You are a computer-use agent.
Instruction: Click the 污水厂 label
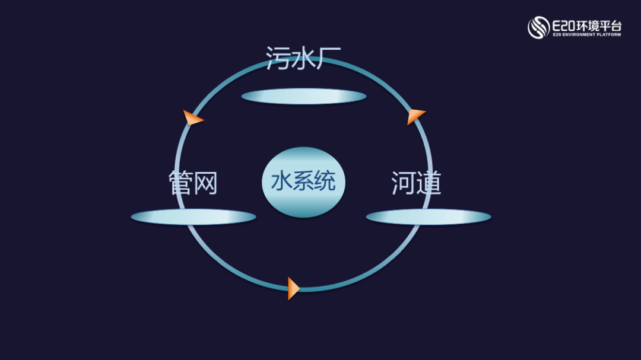coord(303,58)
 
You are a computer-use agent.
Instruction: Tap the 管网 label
coord(193,183)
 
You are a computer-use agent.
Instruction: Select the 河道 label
coord(416,183)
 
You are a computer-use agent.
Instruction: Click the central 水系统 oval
coord(303,181)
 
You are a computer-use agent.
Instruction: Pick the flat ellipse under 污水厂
coord(303,96)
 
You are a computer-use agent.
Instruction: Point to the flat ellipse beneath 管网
coord(193,217)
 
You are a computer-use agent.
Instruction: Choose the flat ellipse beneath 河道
coord(428,217)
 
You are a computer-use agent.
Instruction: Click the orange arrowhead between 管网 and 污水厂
coord(192,118)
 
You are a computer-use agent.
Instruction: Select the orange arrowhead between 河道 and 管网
coord(293,288)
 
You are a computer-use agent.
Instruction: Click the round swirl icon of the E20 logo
coord(538,27)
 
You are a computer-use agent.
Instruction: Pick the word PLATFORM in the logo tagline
coord(609,35)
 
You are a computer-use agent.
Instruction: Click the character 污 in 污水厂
coord(278,58)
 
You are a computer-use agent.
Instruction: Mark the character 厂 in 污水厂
coord(328,58)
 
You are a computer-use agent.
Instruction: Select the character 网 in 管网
coord(205,183)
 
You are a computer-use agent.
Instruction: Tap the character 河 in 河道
coord(404,183)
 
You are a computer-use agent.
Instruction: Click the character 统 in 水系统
coord(325,181)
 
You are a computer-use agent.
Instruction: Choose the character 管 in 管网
coord(180,183)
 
